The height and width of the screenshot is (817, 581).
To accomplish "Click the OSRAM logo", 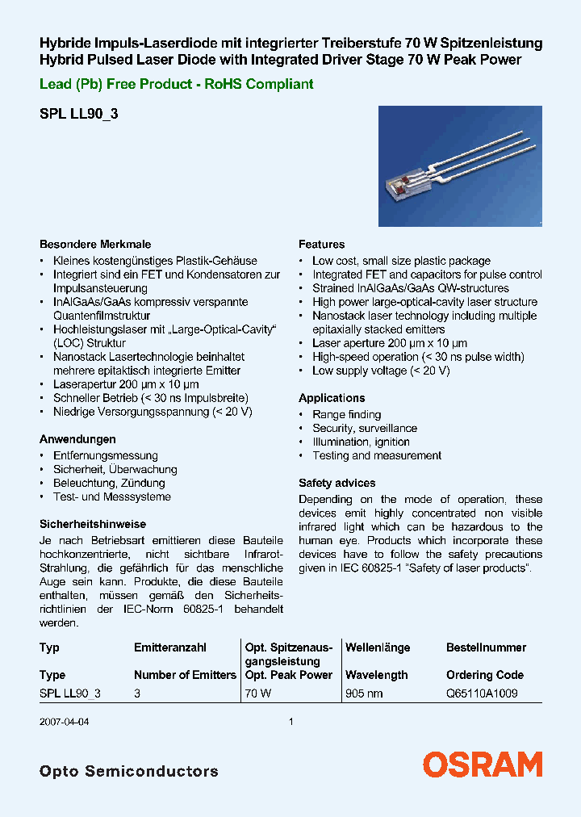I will point(483,765).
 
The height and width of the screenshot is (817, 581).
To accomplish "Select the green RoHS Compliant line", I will point(177,84).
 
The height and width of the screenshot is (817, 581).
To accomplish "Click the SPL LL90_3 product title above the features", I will point(79,115).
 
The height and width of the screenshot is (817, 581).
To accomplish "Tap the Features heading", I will point(321,244).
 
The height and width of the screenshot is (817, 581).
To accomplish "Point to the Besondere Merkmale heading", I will point(95,244).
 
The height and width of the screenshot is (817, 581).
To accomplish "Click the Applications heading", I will point(332,398).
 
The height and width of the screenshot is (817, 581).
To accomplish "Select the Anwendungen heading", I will point(77,439).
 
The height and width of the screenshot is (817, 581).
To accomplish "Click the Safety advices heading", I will point(336,483).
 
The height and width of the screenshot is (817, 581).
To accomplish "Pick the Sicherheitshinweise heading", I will point(93,524).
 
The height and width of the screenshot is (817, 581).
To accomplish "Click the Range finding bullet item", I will point(346,414).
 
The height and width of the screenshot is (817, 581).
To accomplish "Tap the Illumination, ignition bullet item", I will point(361,442).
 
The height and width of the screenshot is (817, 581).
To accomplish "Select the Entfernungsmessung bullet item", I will point(105,455).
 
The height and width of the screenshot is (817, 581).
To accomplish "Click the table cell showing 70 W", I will point(258,693).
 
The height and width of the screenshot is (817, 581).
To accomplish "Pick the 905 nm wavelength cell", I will point(364,693).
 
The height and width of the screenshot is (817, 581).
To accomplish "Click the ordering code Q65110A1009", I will point(482,693).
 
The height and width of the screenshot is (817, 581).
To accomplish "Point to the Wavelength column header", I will point(376,675).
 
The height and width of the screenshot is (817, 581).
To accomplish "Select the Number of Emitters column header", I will point(185,675).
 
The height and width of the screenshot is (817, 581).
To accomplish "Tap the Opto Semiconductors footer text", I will point(128,771).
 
